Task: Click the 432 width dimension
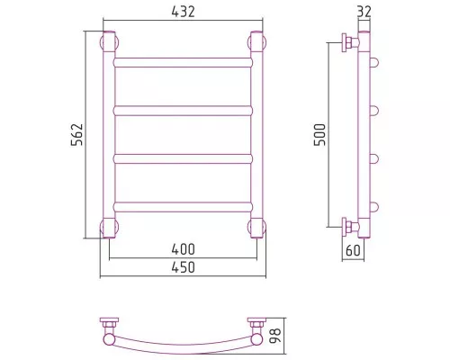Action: click(x=183, y=12)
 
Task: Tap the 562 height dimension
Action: click(x=76, y=135)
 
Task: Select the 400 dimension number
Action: click(x=183, y=249)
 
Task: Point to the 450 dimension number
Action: click(x=183, y=267)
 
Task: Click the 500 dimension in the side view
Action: click(x=319, y=135)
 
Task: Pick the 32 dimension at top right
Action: click(x=364, y=12)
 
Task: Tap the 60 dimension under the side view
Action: click(x=353, y=250)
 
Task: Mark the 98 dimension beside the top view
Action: click(x=275, y=336)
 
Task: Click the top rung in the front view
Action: click(x=183, y=62)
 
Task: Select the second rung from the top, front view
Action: click(x=183, y=111)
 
